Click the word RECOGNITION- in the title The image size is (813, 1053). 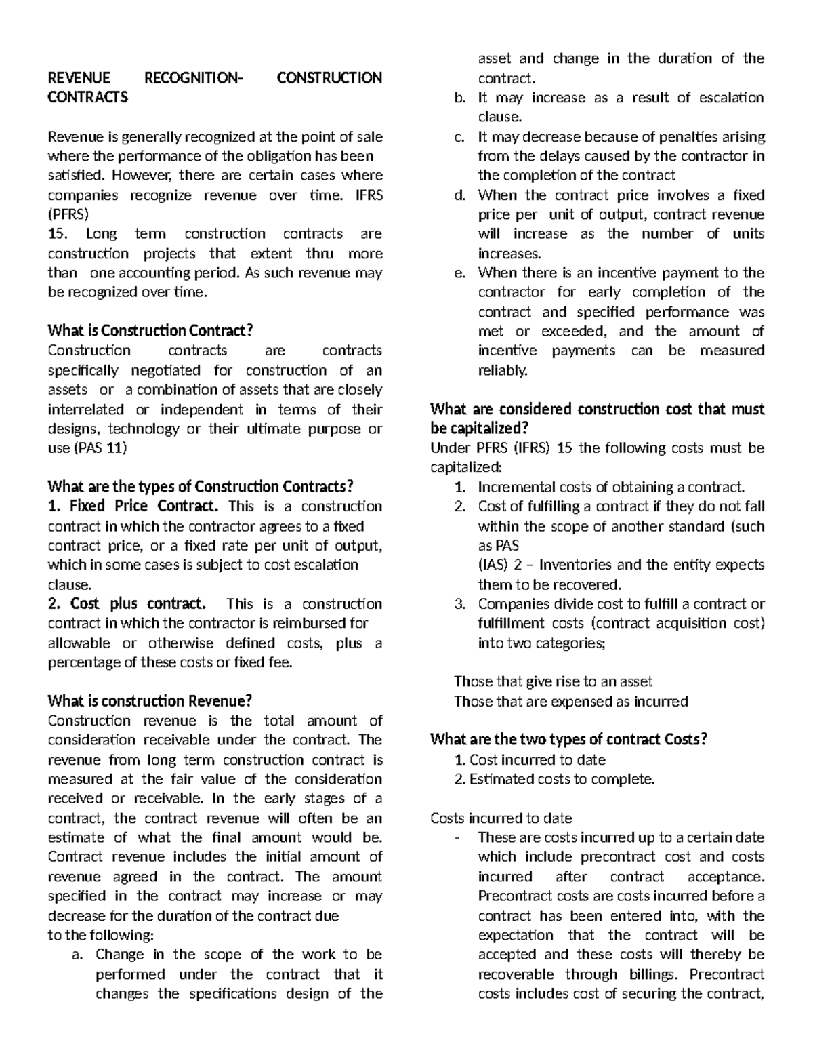point(192,78)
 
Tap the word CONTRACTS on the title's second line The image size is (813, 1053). point(87,98)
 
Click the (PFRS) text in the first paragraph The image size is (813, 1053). point(68,214)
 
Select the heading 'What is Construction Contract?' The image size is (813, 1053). point(150,331)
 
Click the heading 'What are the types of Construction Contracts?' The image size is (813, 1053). point(201,487)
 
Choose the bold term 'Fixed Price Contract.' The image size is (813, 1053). point(134,506)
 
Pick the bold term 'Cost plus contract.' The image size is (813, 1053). point(127,604)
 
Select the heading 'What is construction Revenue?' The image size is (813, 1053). point(150,701)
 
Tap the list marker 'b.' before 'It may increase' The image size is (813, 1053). point(460,98)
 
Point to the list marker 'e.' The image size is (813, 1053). point(460,273)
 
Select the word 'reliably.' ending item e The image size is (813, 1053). point(502,371)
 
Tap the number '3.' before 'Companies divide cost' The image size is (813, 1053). point(460,604)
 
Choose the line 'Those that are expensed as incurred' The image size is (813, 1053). point(570,701)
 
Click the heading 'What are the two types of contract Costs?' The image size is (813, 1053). point(568,740)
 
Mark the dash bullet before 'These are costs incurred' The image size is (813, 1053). point(459,838)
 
